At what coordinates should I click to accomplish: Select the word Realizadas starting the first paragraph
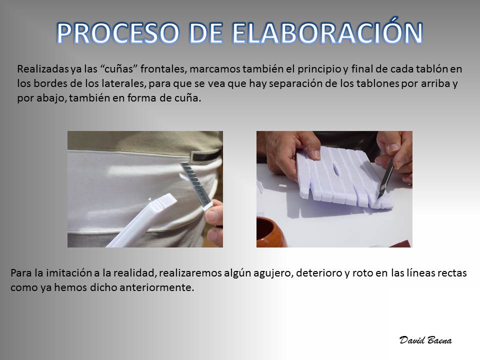pyautogui.click(x=43, y=69)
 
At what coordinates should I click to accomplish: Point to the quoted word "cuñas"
pyautogui.click(x=117, y=69)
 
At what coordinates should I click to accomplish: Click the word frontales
pyautogui.click(x=163, y=69)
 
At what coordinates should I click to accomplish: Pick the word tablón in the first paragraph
pyautogui.click(x=432, y=69)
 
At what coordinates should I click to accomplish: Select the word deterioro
pyautogui.click(x=318, y=273)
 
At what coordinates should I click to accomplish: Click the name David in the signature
pyautogui.click(x=412, y=340)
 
